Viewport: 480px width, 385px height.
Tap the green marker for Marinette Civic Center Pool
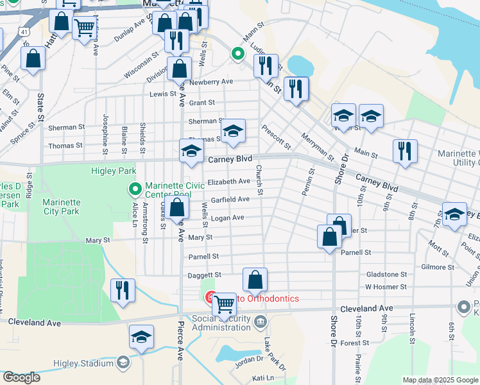(135, 189)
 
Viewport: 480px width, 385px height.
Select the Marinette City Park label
(61, 207)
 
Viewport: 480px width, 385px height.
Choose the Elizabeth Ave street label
(228, 182)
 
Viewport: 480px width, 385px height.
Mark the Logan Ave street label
(228, 218)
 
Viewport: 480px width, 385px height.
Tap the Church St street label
(259, 180)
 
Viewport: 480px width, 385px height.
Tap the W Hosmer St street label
(386, 287)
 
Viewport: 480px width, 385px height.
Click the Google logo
(21, 377)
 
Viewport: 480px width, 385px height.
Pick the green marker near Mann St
(237, 55)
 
